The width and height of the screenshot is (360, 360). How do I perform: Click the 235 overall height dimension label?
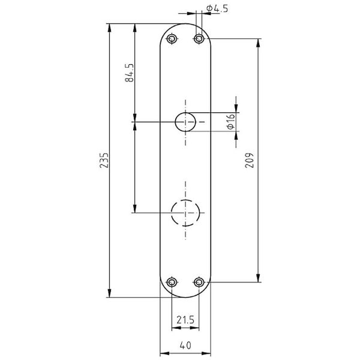[x=104, y=160]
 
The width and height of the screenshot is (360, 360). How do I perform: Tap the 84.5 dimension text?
[x=129, y=73]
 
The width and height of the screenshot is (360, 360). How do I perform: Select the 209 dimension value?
[x=250, y=160]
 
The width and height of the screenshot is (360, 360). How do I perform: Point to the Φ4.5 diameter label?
[x=217, y=8]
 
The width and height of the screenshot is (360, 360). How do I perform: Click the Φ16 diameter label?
[x=230, y=121]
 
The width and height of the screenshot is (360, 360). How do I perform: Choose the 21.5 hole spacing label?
[x=185, y=320]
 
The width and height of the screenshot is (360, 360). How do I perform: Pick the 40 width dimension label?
[x=185, y=345]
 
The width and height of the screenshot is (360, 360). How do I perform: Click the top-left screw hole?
[x=172, y=38]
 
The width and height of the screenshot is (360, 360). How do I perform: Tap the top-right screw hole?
[x=199, y=38]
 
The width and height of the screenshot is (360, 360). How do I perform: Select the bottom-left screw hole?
[x=172, y=282]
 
